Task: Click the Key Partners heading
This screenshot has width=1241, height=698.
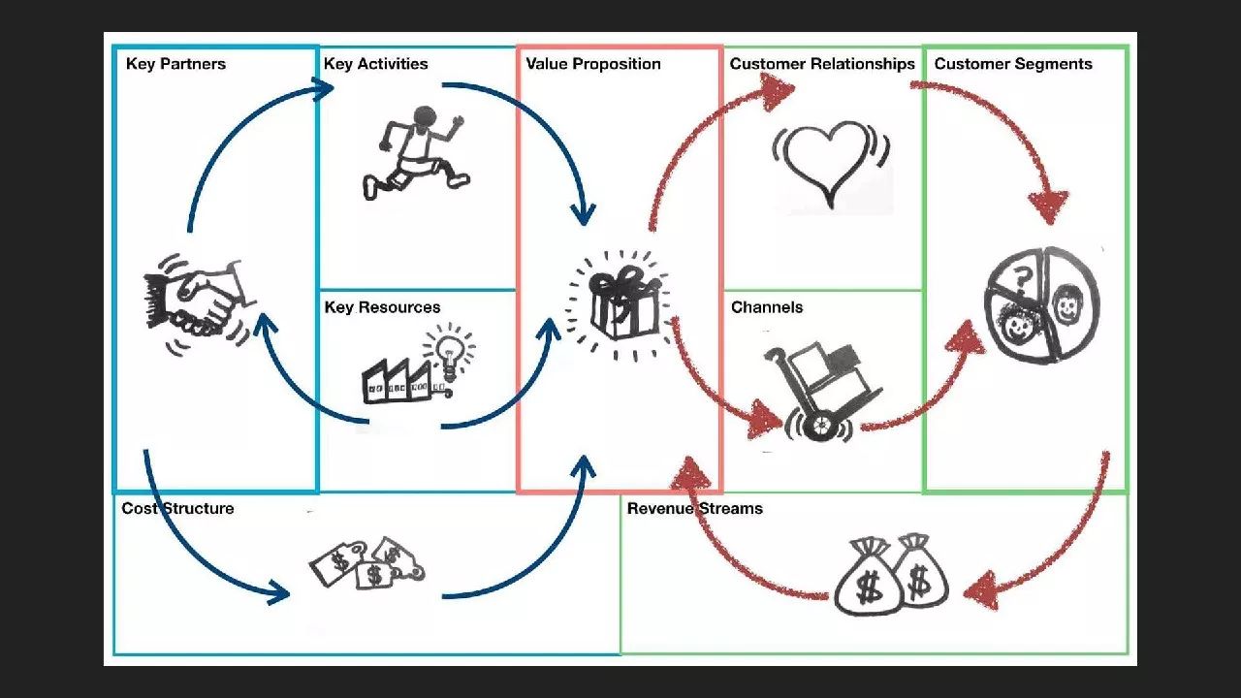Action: click(175, 64)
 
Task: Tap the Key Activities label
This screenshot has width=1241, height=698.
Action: click(375, 64)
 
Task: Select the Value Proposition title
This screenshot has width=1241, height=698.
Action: click(592, 64)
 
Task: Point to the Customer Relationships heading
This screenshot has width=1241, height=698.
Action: click(822, 64)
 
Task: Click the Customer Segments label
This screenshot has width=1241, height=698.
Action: click(1013, 64)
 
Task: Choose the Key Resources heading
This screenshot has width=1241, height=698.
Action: click(382, 307)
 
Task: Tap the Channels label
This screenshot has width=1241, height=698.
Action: click(767, 307)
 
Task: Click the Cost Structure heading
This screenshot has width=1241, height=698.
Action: click(177, 508)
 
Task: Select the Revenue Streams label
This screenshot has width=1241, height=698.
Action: click(694, 508)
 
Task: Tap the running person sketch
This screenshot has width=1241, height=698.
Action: click(415, 153)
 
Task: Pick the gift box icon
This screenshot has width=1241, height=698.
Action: click(618, 302)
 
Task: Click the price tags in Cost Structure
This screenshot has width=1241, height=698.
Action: click(366, 564)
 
